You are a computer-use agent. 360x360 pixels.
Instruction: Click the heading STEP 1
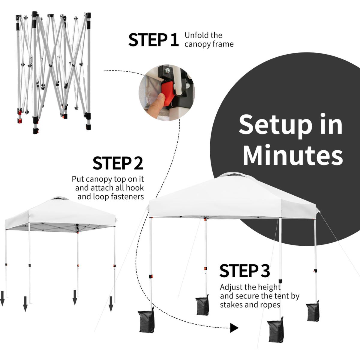(x=153, y=40)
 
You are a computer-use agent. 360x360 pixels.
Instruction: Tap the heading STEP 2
(x=118, y=163)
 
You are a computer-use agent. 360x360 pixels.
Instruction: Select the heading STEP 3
(x=244, y=271)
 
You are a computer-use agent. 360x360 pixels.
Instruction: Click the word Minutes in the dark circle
(x=293, y=155)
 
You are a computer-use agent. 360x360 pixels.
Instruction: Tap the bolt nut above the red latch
(x=167, y=70)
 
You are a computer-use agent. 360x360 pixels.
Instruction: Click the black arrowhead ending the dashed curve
(x=234, y=328)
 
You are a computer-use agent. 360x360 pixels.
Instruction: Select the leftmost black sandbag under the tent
(x=147, y=321)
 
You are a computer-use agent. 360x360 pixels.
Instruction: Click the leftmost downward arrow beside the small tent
(x=2, y=298)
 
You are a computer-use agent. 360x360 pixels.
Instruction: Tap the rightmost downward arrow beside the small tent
(x=111, y=304)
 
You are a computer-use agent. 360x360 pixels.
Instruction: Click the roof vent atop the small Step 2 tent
(x=60, y=199)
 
